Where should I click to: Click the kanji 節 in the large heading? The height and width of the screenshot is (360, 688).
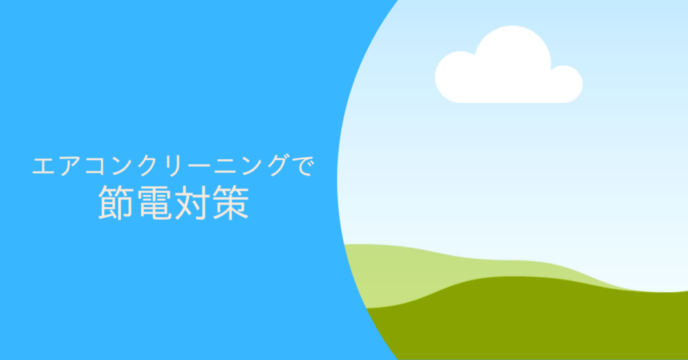116,202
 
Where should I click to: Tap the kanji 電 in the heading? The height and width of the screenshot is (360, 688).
154,202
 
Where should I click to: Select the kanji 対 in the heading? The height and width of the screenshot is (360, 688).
192,202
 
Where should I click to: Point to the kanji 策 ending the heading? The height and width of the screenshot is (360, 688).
231,202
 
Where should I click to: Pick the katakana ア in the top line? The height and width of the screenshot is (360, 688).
70,166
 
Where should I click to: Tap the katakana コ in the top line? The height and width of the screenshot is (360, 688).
96,167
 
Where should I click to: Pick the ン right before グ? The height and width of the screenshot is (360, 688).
254,166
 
